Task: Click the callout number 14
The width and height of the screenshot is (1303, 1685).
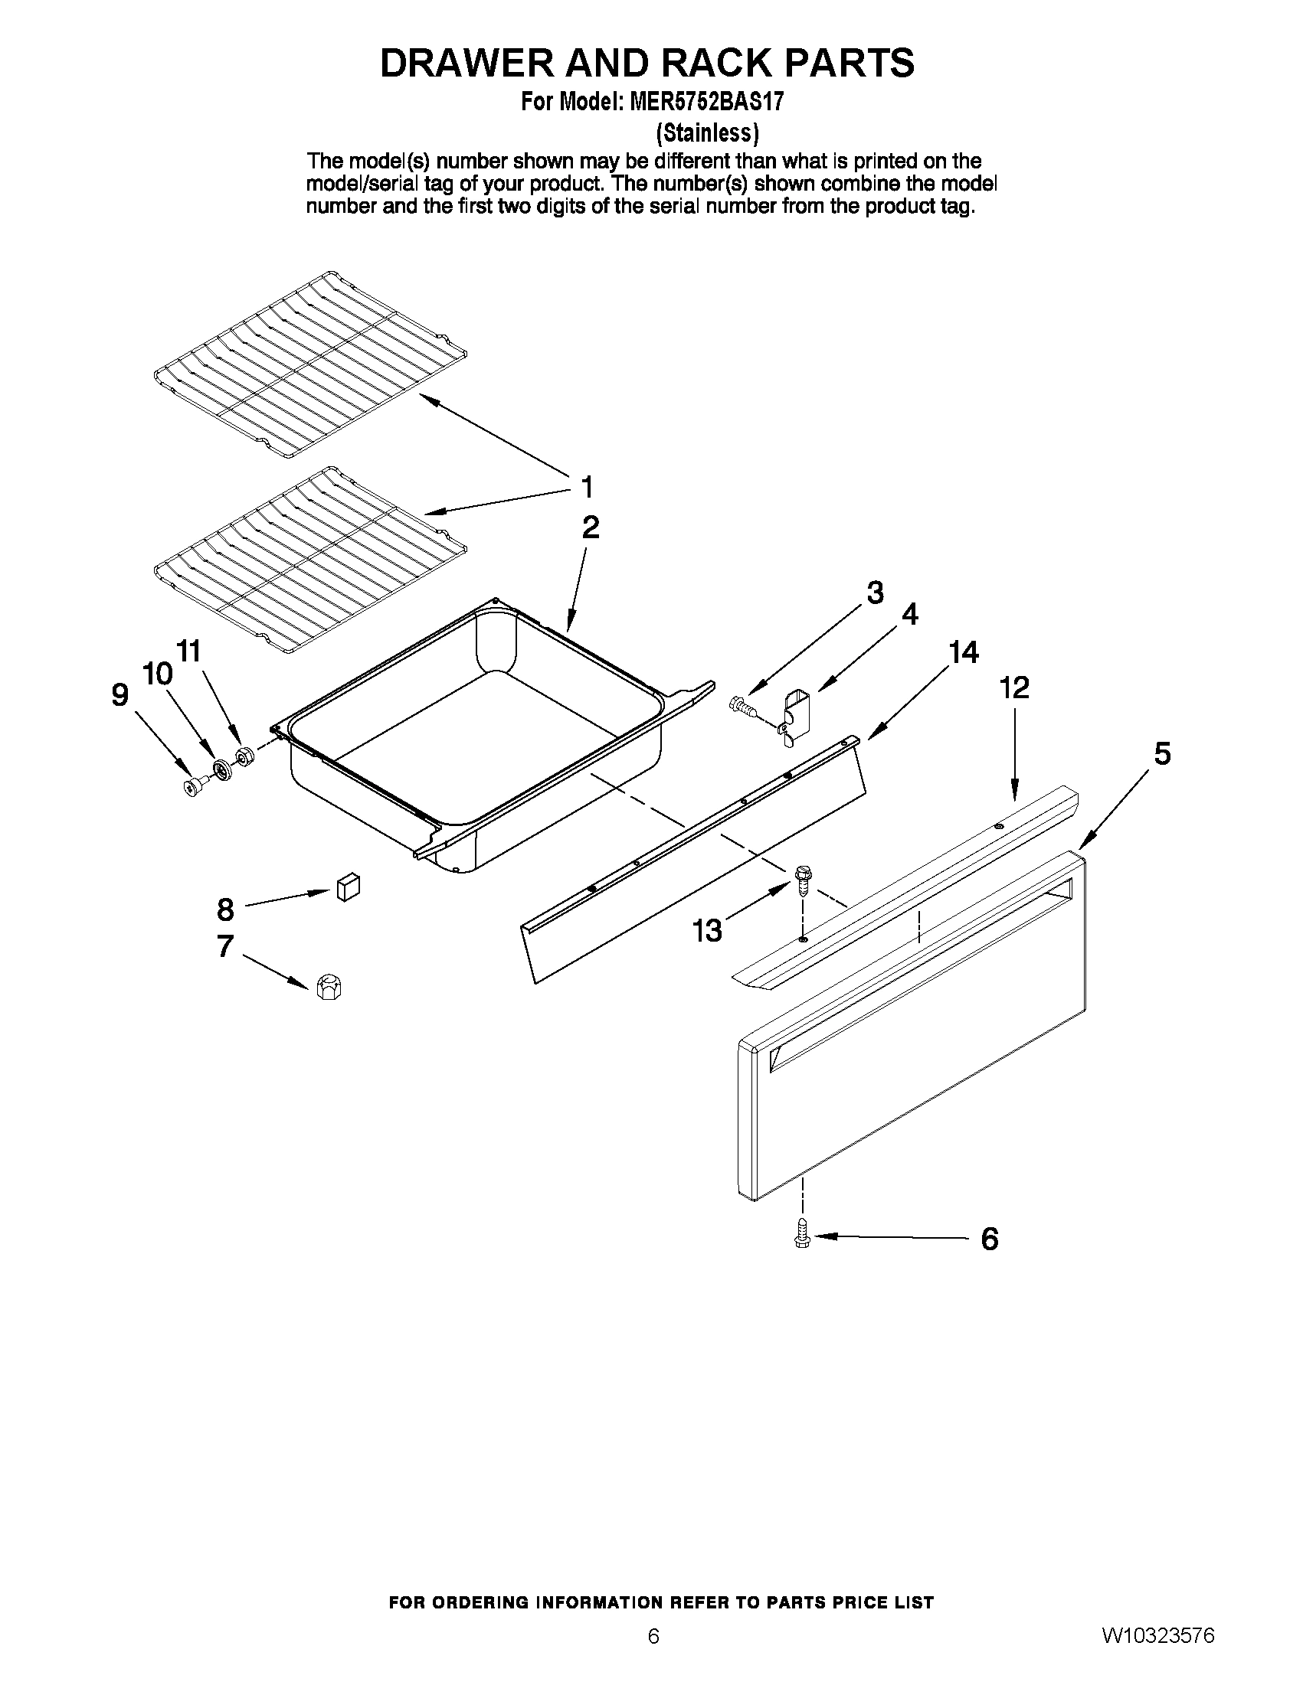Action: pyautogui.click(x=964, y=652)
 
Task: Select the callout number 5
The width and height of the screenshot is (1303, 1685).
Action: pyautogui.click(x=1163, y=753)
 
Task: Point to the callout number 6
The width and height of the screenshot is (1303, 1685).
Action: pyautogui.click(x=990, y=1239)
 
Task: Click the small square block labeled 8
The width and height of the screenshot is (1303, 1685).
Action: pyautogui.click(x=348, y=887)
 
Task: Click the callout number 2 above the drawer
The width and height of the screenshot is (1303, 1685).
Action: pyautogui.click(x=590, y=527)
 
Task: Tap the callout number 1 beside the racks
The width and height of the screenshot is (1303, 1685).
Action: pyautogui.click(x=587, y=488)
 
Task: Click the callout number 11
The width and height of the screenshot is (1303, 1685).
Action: pyautogui.click(x=188, y=651)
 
